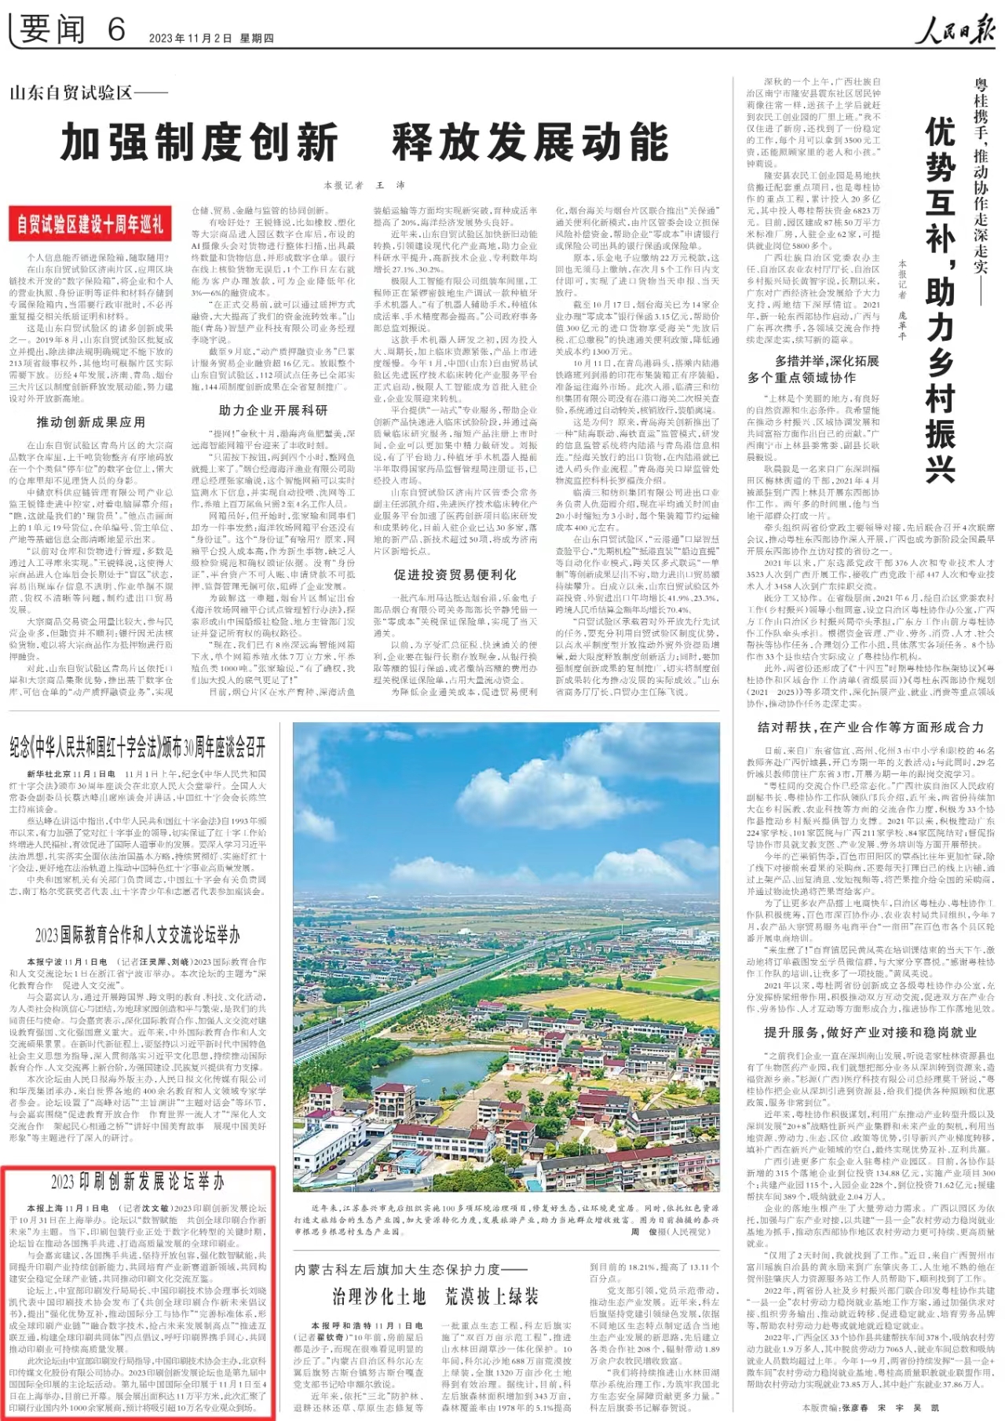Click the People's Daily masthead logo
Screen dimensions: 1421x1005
(954, 31)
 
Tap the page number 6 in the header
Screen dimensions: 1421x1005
(116, 31)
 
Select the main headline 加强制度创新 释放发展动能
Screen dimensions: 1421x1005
(365, 143)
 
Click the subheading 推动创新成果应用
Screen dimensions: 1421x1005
(90, 422)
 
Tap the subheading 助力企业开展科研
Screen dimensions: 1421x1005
(272, 410)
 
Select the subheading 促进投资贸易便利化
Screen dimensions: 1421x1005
(455, 575)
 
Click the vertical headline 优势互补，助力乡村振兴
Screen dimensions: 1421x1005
(939, 298)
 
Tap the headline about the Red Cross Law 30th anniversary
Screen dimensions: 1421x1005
(138, 747)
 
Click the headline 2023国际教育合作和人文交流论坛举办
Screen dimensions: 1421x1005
(137, 934)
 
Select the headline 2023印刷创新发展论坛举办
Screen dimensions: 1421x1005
(137, 1182)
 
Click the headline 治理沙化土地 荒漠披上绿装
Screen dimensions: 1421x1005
(435, 1296)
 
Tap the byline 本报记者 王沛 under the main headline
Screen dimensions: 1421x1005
(364, 185)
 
